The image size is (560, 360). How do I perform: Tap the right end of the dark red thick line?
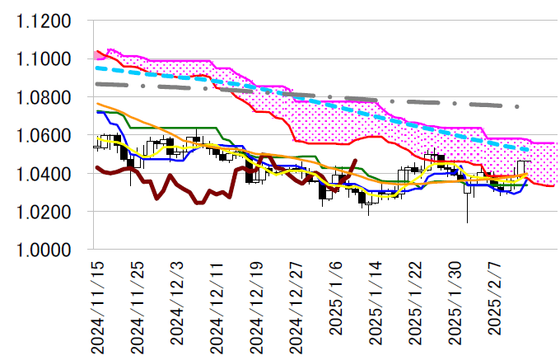pyautogui.click(x=355, y=161)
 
